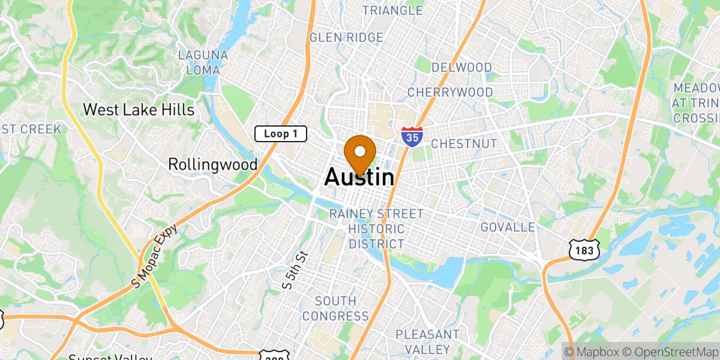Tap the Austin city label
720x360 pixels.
[360, 177]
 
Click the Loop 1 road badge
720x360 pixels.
[281, 134]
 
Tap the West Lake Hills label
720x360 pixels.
[139, 110]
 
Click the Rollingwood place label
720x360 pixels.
[212, 164]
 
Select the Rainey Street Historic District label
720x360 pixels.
[377, 229]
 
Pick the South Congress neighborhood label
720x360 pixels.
[335, 308]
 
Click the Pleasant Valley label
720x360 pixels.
[427, 341]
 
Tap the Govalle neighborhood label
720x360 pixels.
[508, 227]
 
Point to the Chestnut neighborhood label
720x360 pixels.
[464, 144]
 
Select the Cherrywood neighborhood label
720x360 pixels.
[450, 92]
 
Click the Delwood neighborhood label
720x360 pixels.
[461, 67]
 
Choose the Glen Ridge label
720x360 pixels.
[346, 38]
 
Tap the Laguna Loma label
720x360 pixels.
[203, 62]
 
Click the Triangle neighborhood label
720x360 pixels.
[392, 10]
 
